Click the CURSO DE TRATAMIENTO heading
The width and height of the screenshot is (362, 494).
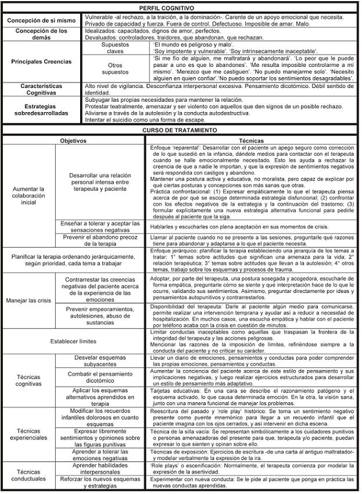(180, 130)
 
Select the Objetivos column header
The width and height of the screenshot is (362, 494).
(74, 141)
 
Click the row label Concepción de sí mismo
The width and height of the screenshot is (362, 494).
(41, 21)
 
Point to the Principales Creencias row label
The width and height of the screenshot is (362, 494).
(41, 61)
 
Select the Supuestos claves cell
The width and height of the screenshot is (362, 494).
(116, 48)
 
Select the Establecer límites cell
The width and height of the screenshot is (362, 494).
(74, 341)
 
